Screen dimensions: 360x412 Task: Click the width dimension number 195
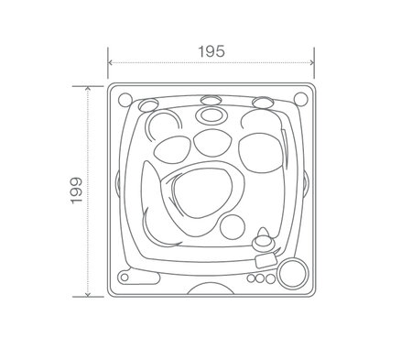point(211,51)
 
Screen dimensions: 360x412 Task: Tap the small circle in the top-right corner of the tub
point(300,94)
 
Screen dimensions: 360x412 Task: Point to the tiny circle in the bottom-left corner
point(123,275)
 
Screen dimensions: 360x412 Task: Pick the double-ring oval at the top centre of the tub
point(211,115)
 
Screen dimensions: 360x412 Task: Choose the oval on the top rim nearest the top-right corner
point(263,102)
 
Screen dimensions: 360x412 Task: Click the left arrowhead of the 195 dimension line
point(111,63)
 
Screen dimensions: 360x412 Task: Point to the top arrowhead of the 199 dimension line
point(88,88)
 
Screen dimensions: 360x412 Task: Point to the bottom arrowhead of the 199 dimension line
point(88,295)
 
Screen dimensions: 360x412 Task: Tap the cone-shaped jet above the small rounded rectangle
point(265,241)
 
